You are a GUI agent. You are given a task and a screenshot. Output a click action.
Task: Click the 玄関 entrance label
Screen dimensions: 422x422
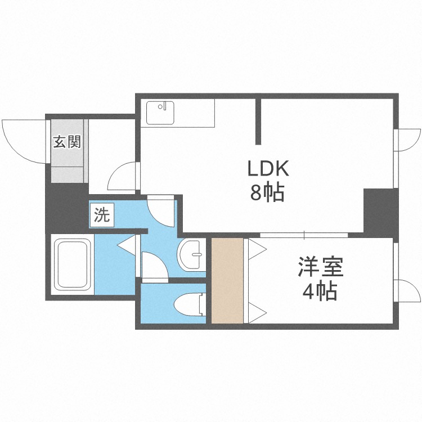(x=67, y=141)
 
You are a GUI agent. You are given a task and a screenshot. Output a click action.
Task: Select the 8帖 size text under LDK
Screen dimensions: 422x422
(x=267, y=193)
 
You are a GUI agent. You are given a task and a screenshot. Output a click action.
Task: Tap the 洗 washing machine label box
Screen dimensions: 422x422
(x=102, y=214)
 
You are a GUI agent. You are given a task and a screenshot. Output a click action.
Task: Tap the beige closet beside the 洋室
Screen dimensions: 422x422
(x=227, y=281)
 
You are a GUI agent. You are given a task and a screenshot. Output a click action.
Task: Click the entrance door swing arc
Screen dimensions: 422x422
(x=23, y=141)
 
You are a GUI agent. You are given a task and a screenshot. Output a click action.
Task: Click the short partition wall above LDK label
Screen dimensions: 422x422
(x=259, y=121)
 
